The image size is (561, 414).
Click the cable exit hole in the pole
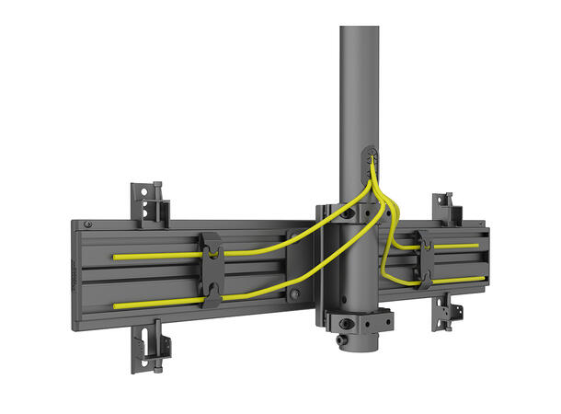point(369,157)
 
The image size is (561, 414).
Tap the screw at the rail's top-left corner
point(87,224)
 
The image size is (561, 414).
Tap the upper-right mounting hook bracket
point(445,208)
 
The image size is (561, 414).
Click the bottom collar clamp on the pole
point(359,323)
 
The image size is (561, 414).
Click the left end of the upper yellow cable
point(115,257)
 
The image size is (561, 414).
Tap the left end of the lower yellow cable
point(115,302)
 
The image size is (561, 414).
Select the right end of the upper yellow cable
point(477,246)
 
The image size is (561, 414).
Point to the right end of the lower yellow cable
point(483,278)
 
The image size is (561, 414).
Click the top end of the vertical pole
point(359,32)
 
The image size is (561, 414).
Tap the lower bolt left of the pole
point(295,294)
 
